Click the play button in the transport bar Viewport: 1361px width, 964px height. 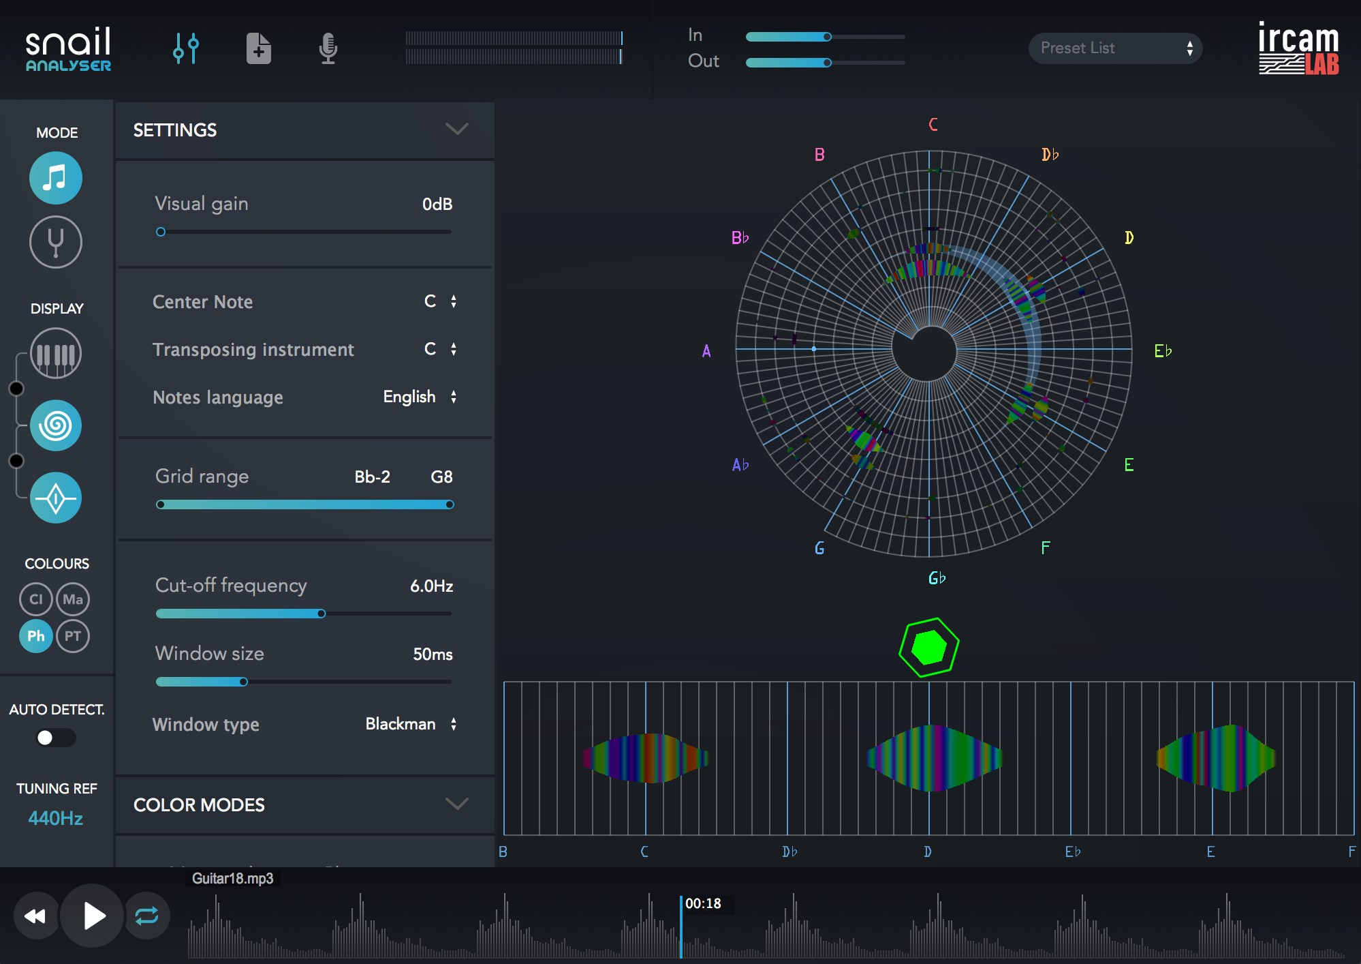93,916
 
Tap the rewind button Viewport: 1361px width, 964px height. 35,916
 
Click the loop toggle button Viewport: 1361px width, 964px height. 146,916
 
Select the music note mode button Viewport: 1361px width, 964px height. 56,179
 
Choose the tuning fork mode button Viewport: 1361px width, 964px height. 56,242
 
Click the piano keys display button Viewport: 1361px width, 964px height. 56,354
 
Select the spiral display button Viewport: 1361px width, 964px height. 56,426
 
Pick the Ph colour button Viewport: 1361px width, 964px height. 36,636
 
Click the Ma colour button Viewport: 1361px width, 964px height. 73,599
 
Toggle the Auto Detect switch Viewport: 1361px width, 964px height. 56,738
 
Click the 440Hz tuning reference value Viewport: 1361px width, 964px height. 56,818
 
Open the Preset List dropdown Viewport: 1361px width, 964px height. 1115,48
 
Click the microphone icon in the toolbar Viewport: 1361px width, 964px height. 328,48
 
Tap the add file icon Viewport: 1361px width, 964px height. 259,48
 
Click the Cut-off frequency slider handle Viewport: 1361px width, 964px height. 322,614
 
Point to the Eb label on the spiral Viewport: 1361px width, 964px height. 1163,351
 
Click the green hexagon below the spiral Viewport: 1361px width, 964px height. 928,647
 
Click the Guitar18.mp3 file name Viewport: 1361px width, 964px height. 232,878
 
